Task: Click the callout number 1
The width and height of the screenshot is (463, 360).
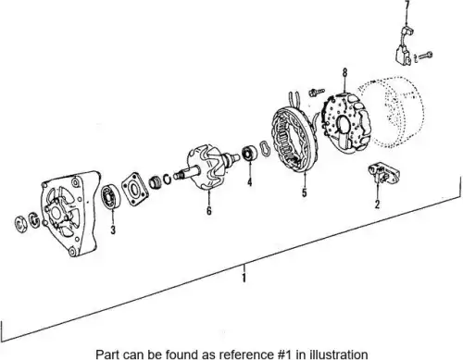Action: [x=244, y=278]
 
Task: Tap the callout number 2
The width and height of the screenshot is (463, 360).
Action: [x=377, y=204]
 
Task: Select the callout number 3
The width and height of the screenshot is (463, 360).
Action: [x=113, y=230]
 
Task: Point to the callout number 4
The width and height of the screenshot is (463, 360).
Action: [x=249, y=182]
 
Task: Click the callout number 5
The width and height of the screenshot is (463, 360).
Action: [x=305, y=192]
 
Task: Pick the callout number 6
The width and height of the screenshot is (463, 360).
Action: [x=209, y=210]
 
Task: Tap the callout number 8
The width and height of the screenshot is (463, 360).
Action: [x=344, y=72]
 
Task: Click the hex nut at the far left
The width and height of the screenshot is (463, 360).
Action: [x=21, y=224]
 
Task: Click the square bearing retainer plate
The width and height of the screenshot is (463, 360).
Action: [x=135, y=189]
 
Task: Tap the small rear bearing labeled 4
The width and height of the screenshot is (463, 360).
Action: [x=250, y=154]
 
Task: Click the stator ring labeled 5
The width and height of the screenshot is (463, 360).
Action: [x=292, y=141]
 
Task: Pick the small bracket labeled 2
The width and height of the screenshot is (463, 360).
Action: [x=383, y=173]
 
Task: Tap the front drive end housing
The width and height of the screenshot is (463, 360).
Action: [x=69, y=213]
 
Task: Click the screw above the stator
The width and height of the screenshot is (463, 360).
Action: [x=316, y=92]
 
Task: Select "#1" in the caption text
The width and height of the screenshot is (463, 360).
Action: [x=282, y=354]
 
